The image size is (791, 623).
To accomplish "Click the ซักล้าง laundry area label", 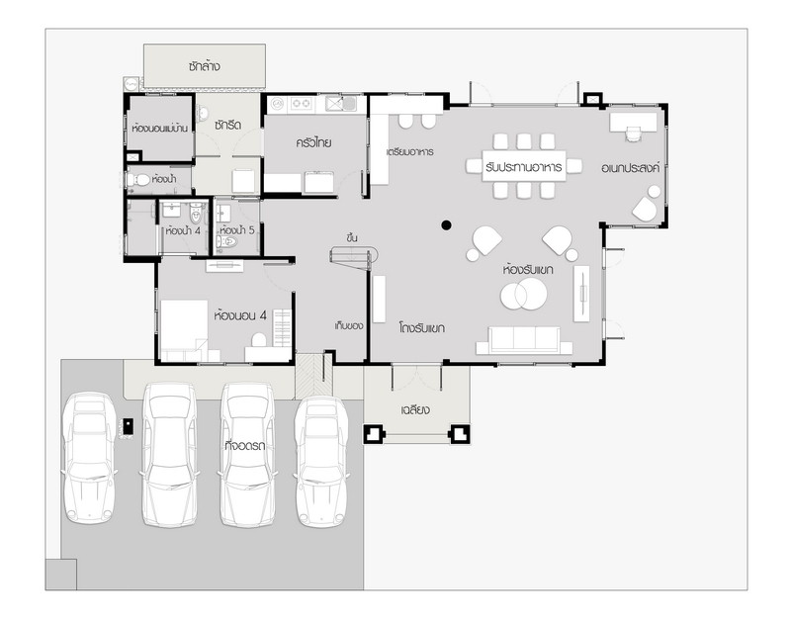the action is click(x=205, y=66).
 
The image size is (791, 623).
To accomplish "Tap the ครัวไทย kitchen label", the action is click(x=313, y=142).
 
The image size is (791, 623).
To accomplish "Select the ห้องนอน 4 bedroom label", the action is click(x=240, y=315).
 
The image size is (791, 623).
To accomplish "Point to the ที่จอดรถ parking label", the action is click(x=245, y=446).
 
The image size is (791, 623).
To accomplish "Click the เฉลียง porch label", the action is click(x=415, y=409).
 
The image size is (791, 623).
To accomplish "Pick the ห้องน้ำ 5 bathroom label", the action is click(x=237, y=230).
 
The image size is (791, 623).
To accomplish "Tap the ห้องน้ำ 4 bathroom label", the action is click(x=183, y=231).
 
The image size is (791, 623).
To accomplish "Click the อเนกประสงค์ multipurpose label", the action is click(x=631, y=168).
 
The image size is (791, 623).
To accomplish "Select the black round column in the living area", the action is click(x=446, y=225).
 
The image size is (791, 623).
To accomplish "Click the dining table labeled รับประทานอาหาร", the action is click(x=524, y=166).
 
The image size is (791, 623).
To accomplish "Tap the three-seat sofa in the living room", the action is click(x=524, y=340).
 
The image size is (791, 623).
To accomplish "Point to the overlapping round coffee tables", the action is click(x=523, y=294).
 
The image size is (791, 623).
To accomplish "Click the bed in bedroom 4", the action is click(x=184, y=330).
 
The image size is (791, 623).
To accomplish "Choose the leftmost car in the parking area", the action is click(x=89, y=458).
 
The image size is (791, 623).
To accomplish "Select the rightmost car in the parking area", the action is click(x=320, y=461).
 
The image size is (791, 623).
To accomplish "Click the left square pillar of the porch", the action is click(x=374, y=433).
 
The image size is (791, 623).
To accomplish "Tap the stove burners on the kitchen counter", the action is click(x=301, y=104).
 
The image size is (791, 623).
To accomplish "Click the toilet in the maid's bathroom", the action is click(x=138, y=180).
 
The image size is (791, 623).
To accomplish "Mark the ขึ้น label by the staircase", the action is click(x=352, y=237).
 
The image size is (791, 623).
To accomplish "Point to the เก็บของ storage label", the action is click(x=349, y=326).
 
